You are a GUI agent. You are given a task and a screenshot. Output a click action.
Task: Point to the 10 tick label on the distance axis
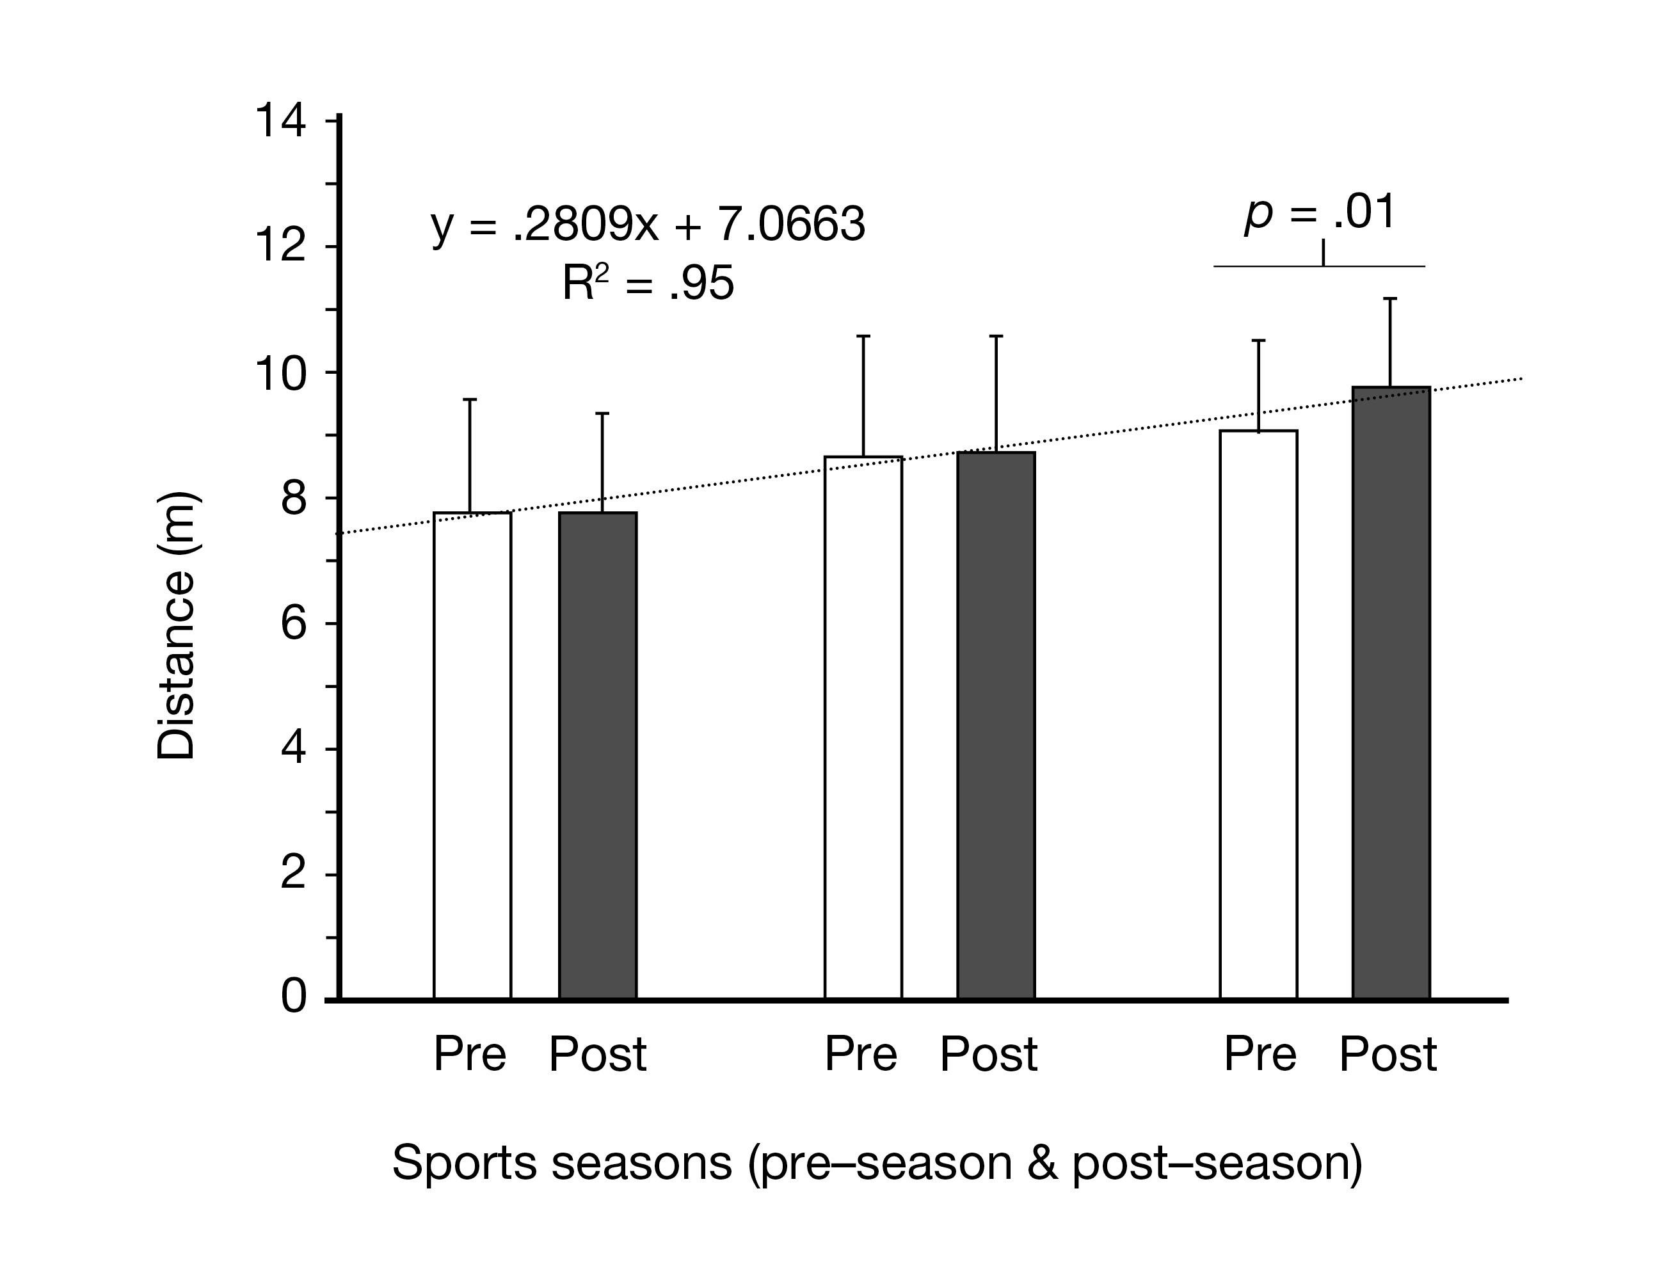280,374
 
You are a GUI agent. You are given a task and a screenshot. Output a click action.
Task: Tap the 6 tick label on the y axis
293,624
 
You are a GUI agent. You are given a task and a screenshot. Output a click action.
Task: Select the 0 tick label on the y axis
293,996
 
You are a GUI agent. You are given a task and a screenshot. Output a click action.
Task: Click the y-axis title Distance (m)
176,627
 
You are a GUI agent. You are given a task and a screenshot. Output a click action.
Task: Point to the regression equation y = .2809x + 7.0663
648,225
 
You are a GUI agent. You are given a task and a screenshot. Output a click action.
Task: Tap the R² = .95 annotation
648,284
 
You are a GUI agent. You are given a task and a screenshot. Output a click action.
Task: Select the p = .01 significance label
1320,212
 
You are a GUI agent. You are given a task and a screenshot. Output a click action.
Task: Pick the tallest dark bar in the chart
1391,693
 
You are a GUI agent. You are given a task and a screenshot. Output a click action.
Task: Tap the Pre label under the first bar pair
470,1055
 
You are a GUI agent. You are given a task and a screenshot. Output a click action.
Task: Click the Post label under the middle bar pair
988,1055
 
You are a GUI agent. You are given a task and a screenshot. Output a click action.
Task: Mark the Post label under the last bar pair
1388,1055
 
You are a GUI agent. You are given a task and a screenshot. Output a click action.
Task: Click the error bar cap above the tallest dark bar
1389,299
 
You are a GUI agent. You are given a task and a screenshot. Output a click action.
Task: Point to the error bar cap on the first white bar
470,399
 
